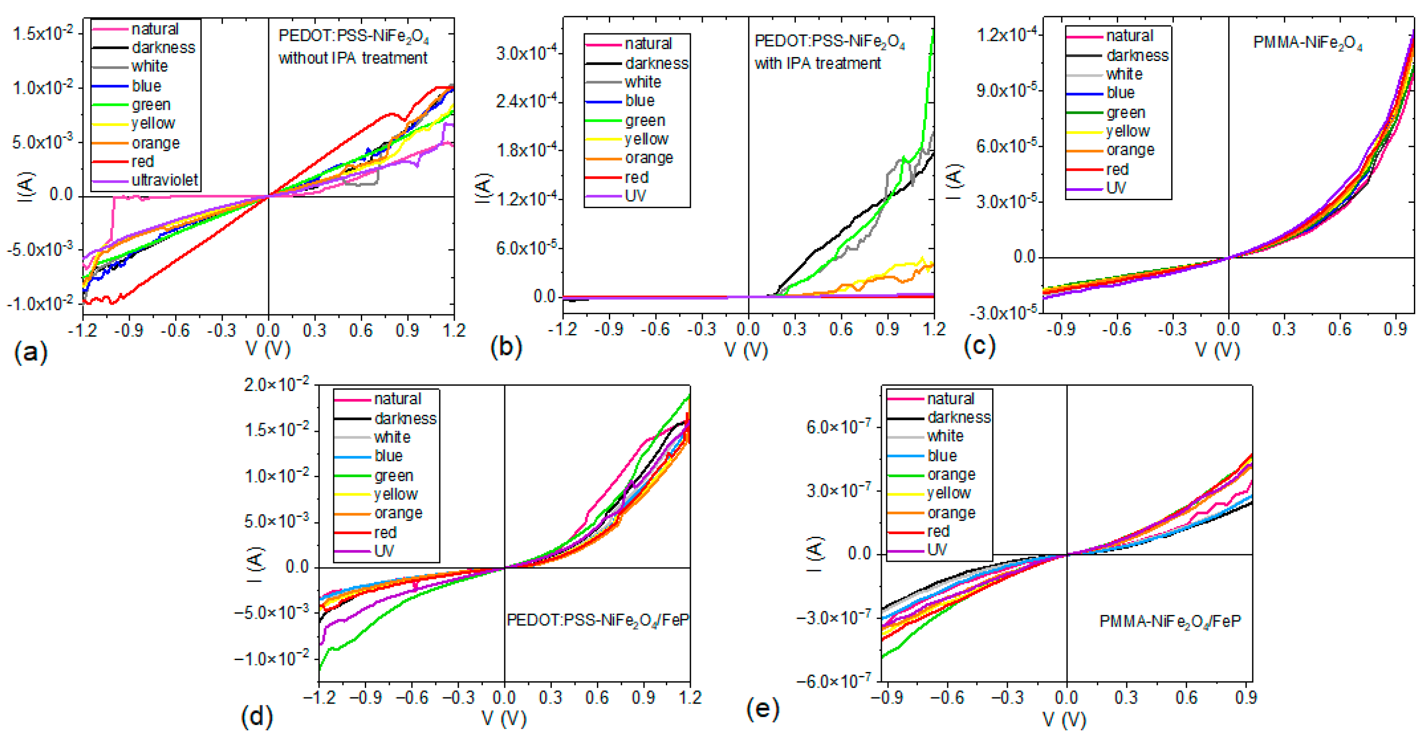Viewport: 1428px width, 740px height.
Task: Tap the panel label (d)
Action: coord(257,716)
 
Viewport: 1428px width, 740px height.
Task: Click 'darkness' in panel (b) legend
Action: coord(656,64)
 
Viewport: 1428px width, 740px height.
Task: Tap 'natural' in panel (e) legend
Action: coord(950,399)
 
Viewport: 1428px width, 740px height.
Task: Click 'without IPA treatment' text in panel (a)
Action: coord(353,58)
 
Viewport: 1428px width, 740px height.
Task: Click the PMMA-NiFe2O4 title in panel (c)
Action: coord(1307,43)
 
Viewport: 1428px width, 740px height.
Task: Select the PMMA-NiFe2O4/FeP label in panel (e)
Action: coord(1170,621)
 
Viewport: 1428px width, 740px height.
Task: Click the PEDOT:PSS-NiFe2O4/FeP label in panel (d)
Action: coord(597,620)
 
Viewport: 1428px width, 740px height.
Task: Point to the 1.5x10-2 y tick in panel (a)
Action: coord(43,33)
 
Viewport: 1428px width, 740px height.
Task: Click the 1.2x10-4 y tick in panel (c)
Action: coord(1007,35)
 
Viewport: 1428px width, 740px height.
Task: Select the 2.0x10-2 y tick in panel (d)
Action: coord(276,384)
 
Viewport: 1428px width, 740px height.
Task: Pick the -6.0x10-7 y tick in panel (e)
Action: coord(833,681)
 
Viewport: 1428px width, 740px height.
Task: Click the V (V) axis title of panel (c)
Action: coord(1217,350)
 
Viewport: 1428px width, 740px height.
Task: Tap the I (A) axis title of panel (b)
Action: coord(483,188)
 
